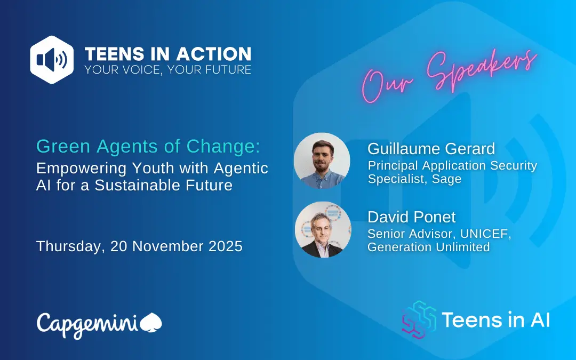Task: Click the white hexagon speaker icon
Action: coord(52,60)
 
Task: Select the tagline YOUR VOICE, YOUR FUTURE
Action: coord(168,69)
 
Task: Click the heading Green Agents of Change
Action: coord(148,146)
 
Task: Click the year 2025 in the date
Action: coord(226,246)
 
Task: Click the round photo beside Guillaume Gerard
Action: coord(322,161)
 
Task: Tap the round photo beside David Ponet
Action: coord(323,229)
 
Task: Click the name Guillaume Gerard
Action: coord(431,149)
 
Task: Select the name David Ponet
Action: coord(411,217)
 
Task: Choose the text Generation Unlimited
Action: coord(429,247)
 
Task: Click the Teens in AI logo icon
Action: coord(419,319)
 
